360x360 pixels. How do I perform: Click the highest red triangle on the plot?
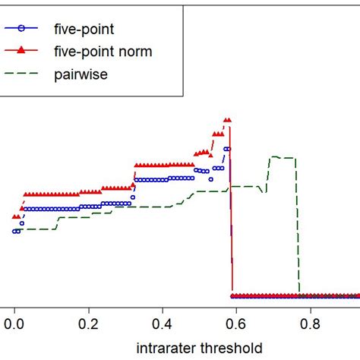point(226,120)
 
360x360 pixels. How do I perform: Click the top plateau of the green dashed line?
point(281,157)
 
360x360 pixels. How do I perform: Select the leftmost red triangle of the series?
point(14,216)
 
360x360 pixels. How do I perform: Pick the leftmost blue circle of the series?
point(14,231)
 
